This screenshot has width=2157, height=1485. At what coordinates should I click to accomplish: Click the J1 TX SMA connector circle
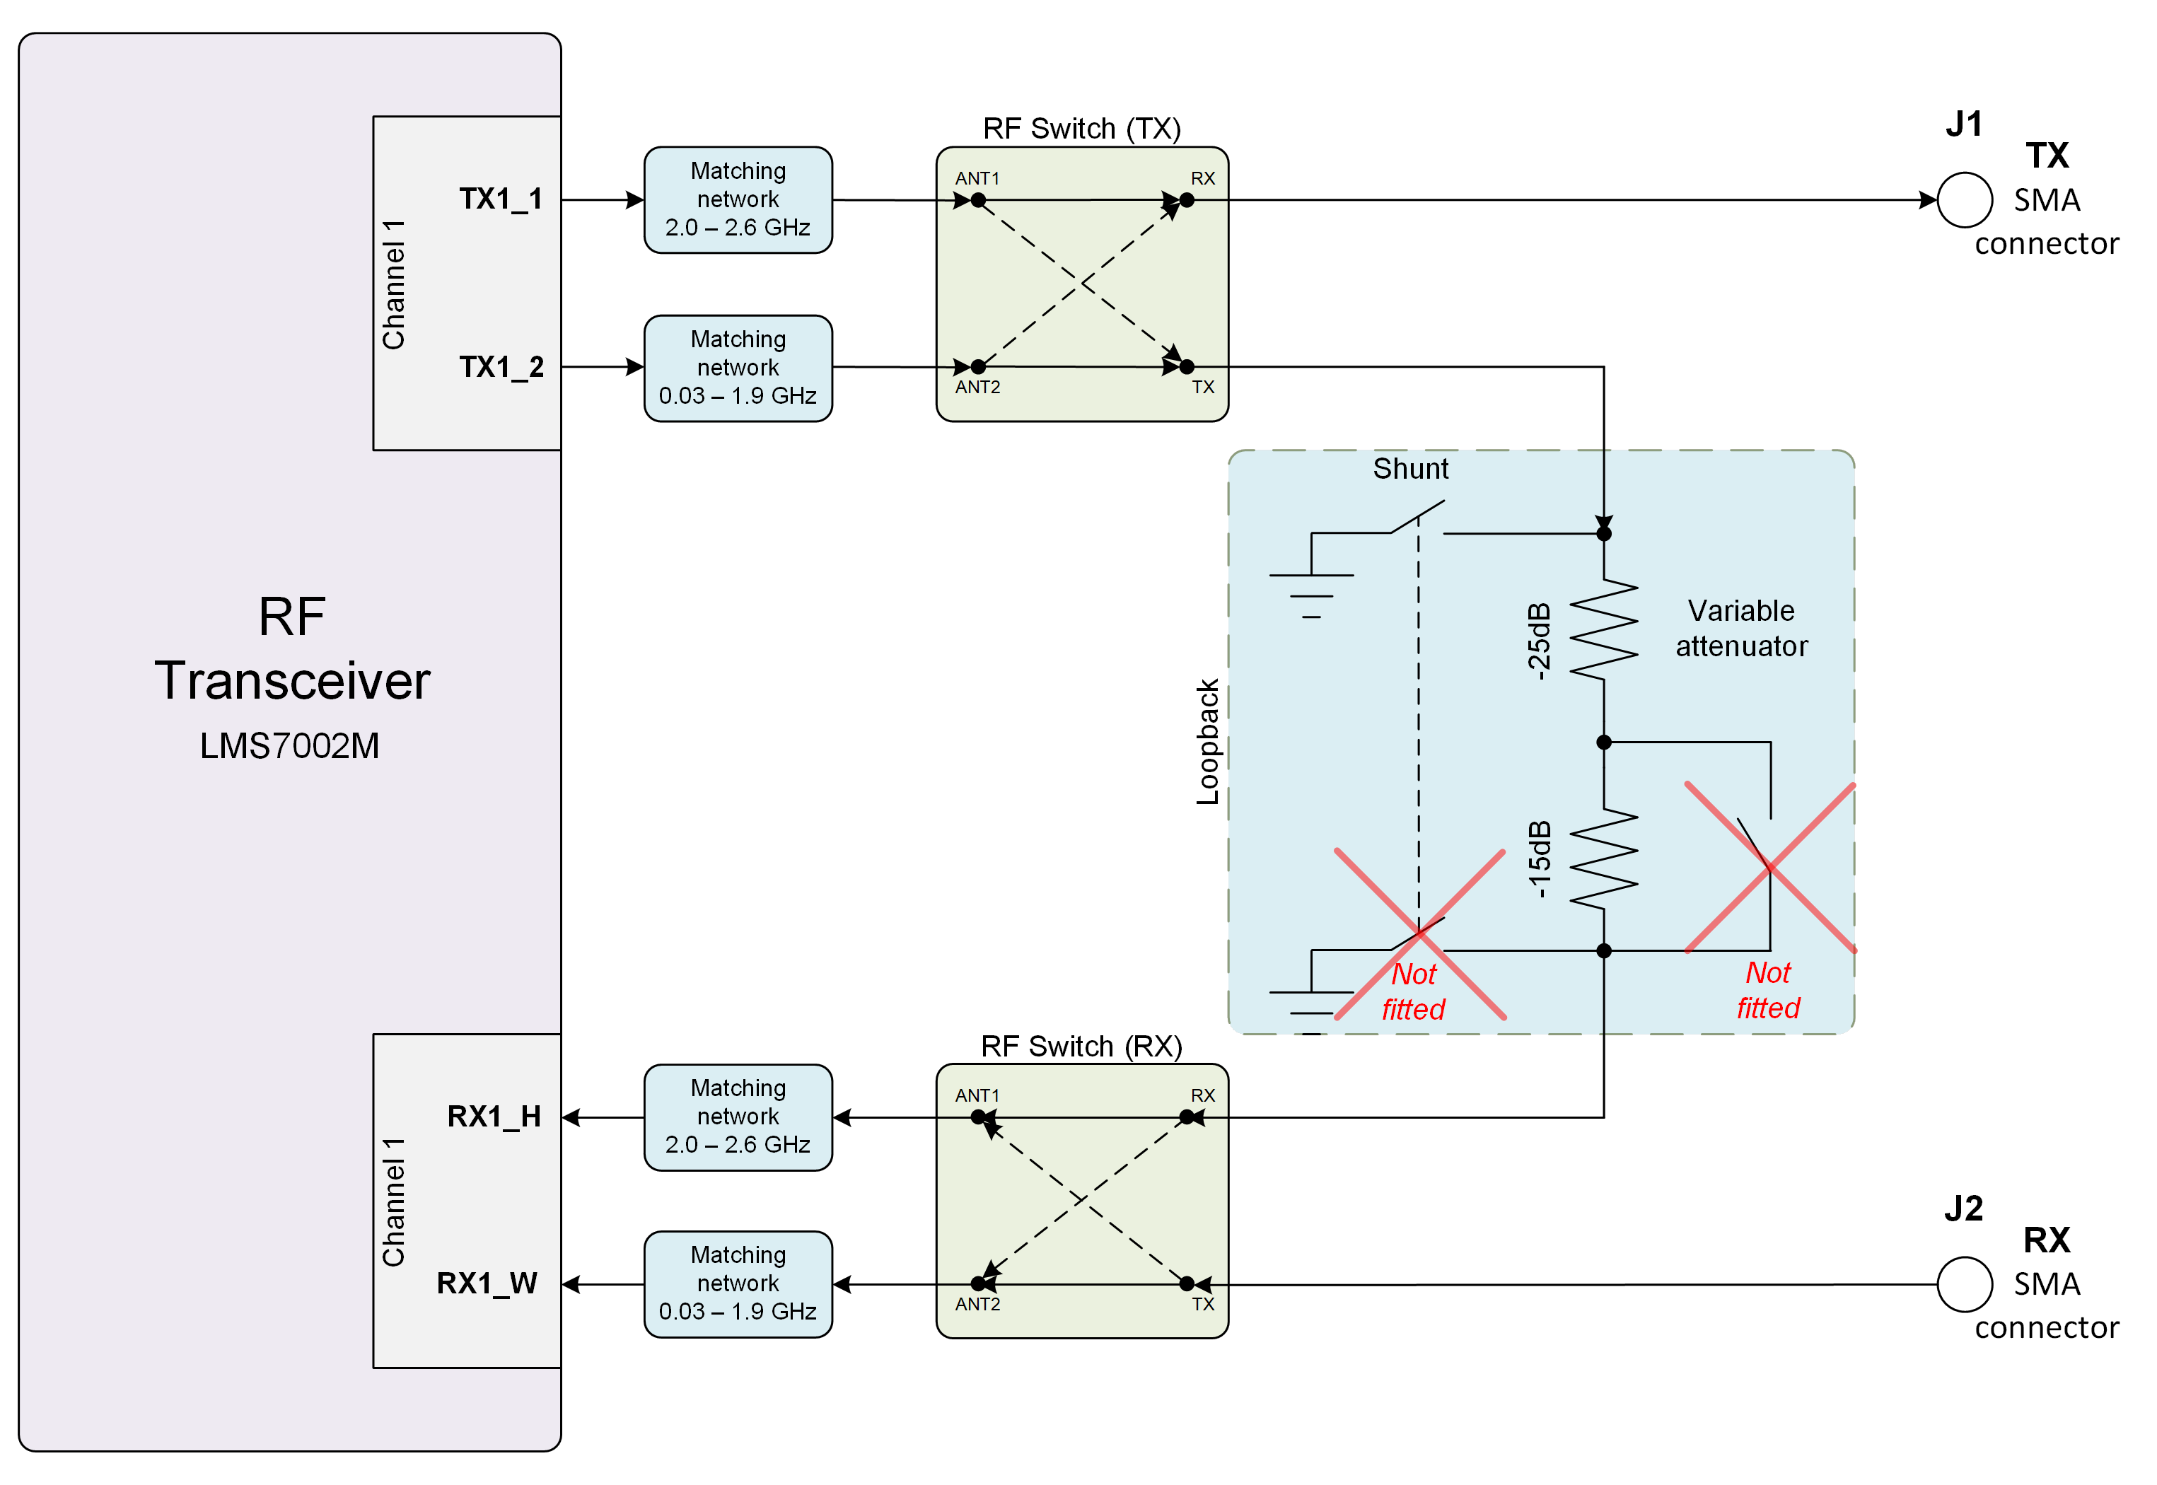(x=1965, y=200)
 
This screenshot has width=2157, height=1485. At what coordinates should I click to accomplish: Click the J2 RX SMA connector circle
(x=1965, y=1284)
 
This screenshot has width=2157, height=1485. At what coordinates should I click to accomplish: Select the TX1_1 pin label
(x=501, y=199)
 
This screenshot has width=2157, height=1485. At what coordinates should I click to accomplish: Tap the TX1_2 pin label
(x=501, y=368)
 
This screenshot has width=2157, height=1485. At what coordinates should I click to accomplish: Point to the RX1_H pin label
(x=494, y=1117)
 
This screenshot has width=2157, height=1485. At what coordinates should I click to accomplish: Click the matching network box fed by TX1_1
(x=738, y=200)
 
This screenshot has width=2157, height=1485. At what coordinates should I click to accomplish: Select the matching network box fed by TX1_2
(x=738, y=368)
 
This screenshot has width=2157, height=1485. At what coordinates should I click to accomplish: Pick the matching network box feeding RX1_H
(x=738, y=1117)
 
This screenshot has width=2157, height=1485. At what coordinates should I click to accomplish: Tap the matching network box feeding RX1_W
(x=738, y=1284)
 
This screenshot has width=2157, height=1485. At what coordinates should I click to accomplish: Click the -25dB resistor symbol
(x=1603, y=630)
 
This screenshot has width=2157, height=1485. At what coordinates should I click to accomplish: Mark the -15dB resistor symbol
(x=1603, y=858)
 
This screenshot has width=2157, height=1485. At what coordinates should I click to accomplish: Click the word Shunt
(x=1411, y=469)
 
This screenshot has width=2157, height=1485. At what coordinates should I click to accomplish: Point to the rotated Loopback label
(x=1208, y=742)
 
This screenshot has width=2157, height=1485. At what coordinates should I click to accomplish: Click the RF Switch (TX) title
(x=1082, y=129)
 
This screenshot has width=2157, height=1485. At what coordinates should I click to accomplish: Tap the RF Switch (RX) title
(x=1081, y=1047)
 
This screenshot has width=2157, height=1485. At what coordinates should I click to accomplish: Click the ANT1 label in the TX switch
(x=977, y=177)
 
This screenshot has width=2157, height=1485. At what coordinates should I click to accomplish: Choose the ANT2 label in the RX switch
(x=977, y=1305)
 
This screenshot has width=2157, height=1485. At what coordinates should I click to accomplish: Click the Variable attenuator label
(x=1742, y=628)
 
